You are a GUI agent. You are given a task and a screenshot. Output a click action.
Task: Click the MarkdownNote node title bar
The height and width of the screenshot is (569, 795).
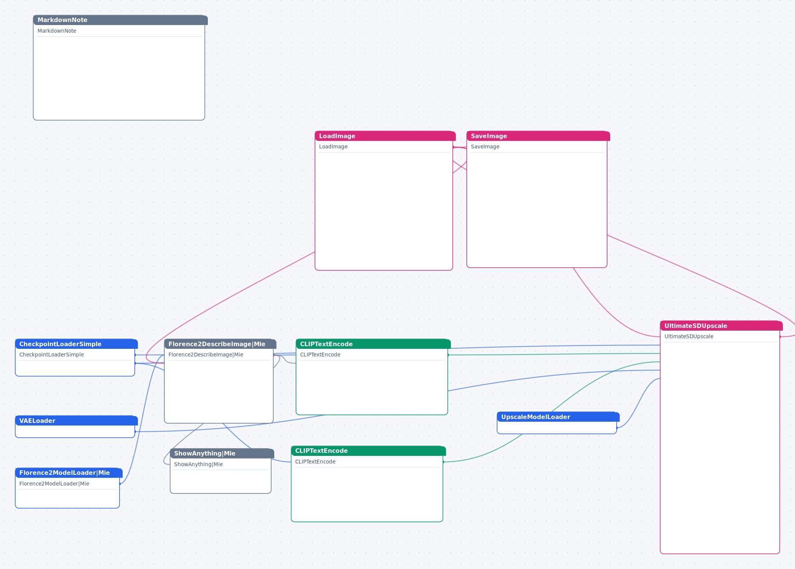click(120, 20)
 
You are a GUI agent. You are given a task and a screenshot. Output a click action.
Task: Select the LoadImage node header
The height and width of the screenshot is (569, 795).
click(385, 136)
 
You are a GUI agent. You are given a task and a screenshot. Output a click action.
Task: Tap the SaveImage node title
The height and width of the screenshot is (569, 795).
click(538, 136)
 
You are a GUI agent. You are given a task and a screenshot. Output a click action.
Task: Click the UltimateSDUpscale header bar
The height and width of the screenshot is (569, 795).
click(721, 326)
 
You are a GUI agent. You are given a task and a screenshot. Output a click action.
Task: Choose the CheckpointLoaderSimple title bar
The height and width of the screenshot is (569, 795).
click(76, 344)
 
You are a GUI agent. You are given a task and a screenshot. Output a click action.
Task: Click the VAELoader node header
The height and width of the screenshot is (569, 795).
click(76, 421)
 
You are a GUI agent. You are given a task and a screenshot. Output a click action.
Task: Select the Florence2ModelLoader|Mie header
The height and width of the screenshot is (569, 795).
click(69, 473)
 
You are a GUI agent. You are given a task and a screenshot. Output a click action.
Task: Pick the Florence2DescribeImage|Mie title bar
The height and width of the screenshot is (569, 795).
click(220, 344)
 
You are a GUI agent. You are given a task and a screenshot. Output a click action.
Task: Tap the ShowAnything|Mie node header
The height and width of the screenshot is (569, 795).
click(222, 453)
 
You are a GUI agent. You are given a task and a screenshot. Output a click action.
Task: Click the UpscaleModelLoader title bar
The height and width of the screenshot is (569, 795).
click(558, 417)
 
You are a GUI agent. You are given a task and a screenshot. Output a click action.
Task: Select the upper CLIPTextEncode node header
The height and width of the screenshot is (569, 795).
click(373, 344)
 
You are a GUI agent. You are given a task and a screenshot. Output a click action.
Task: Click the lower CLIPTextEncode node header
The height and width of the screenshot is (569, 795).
click(368, 451)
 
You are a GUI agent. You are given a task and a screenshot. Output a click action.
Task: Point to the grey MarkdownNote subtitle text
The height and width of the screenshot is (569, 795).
click(57, 31)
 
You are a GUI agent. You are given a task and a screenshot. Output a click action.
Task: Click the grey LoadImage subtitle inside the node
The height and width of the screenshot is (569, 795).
click(333, 147)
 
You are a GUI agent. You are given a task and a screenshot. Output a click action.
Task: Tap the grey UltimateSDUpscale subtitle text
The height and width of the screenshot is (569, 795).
click(689, 336)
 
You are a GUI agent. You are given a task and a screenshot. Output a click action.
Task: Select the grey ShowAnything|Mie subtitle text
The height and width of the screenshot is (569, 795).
click(198, 464)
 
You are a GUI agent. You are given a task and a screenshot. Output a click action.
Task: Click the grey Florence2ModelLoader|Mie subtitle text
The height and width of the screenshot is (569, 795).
click(54, 484)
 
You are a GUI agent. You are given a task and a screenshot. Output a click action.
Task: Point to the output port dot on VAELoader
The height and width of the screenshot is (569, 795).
click(135, 432)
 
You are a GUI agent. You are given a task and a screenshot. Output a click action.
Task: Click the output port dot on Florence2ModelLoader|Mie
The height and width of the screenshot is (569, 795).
click(120, 484)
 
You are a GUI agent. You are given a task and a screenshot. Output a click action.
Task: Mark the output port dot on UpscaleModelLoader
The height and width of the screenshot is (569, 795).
click(617, 428)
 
